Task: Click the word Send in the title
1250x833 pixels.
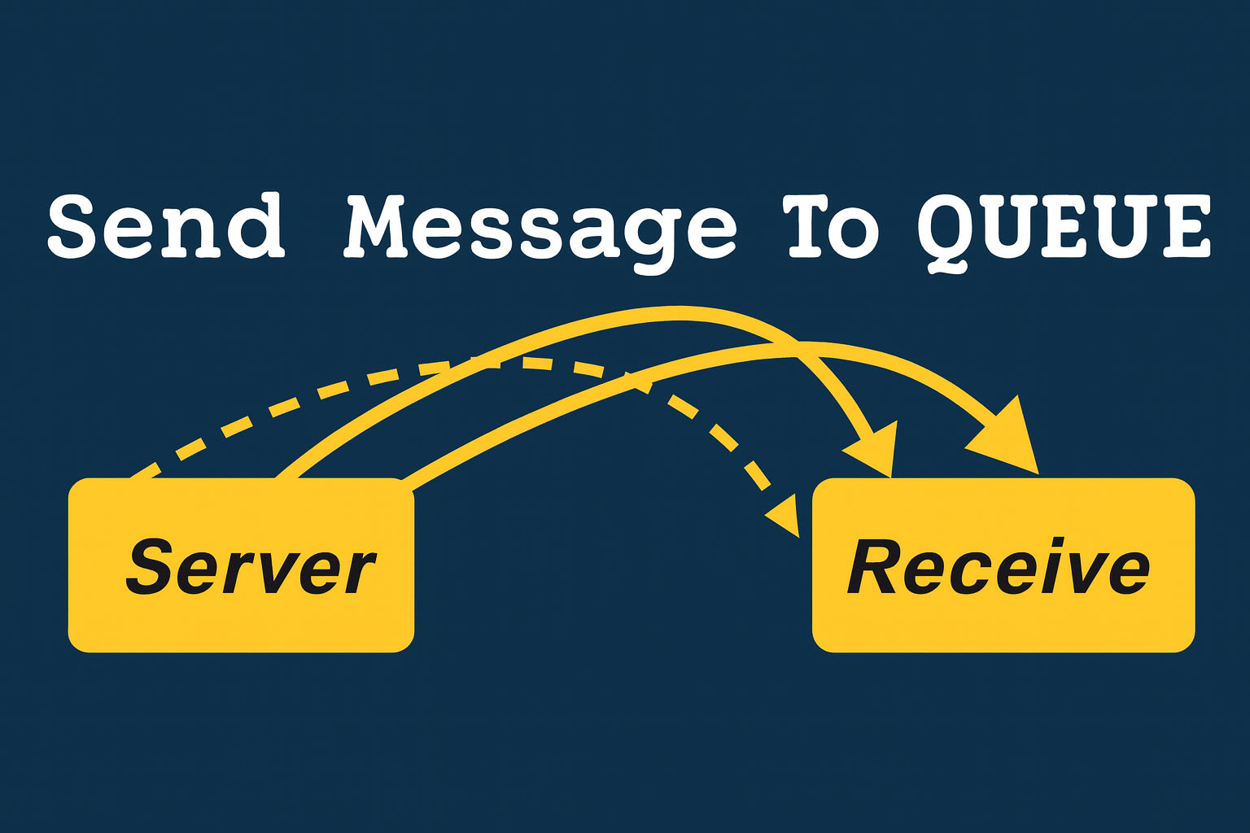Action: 166,225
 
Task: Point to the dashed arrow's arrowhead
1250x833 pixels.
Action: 785,517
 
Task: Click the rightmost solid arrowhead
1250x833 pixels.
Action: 1009,439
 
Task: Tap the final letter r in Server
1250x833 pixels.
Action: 361,574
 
